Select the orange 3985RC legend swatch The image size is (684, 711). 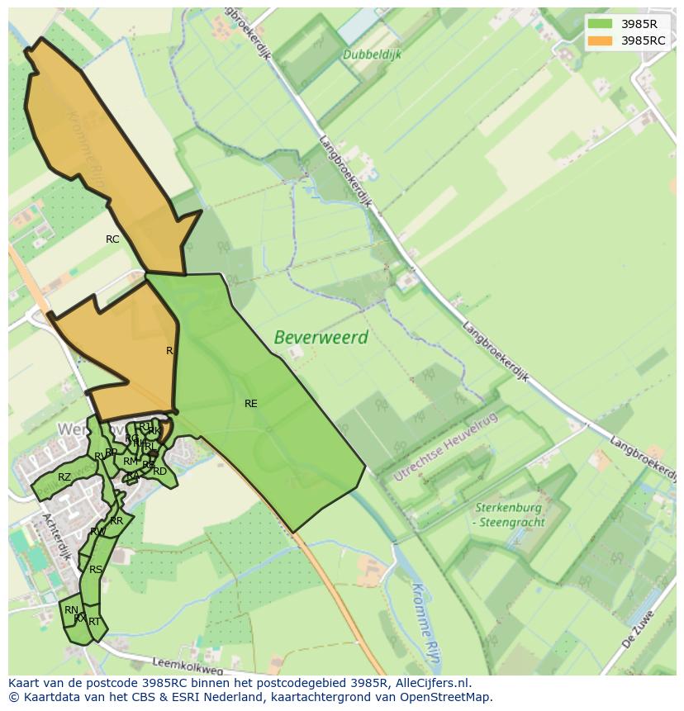pyautogui.click(x=601, y=40)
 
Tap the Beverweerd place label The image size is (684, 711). pyautogui.click(x=321, y=338)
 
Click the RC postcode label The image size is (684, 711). pyautogui.click(x=112, y=239)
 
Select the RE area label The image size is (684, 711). pyautogui.click(x=250, y=404)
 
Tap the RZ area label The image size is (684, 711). pyautogui.click(x=64, y=477)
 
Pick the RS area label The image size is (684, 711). pyautogui.click(x=96, y=570)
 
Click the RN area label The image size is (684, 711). pyautogui.click(x=71, y=610)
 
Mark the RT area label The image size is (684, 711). pyautogui.click(x=94, y=622)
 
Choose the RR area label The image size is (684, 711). pyautogui.click(x=116, y=521)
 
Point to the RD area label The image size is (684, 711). pyautogui.click(x=159, y=472)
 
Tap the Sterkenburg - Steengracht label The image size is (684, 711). pyautogui.click(x=508, y=514)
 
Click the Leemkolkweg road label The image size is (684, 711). pyautogui.click(x=188, y=663)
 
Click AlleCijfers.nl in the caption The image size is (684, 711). pyautogui.click(x=432, y=683)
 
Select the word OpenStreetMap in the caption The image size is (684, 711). pyautogui.click(x=445, y=697)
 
